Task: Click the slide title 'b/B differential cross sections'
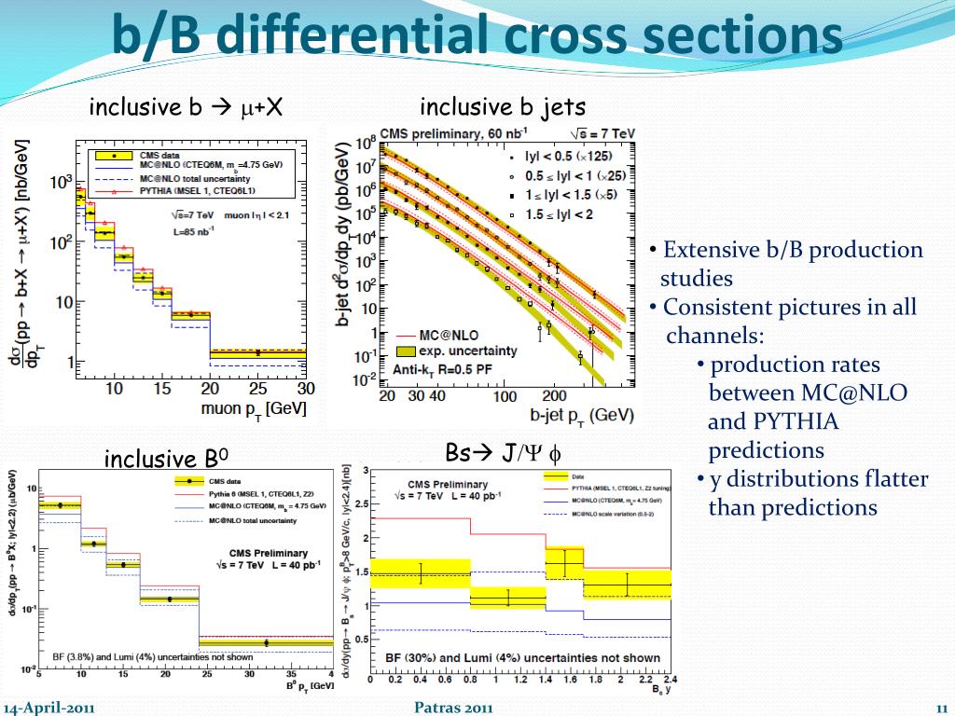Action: pos(477,36)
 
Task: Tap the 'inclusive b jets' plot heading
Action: pos(503,107)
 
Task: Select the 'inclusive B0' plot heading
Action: pos(166,459)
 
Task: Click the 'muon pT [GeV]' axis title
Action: pos(254,408)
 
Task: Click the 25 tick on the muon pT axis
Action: pos(257,388)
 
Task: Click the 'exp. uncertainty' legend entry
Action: pos(467,350)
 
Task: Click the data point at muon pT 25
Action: pos(257,352)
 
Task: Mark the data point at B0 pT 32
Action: pos(267,642)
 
